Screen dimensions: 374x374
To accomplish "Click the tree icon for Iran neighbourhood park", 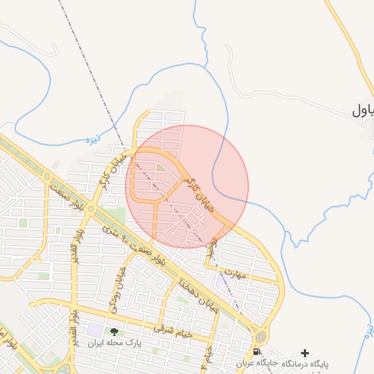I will (113, 331).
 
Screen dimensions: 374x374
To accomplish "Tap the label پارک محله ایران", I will (114, 342).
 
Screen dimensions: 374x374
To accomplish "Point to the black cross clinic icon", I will (305, 353).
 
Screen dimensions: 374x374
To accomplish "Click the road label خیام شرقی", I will (172, 330).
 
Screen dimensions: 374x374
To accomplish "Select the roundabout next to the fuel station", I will (260, 337).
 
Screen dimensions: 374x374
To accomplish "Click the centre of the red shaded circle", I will (187, 186).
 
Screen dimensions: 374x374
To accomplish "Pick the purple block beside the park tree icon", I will (96, 330).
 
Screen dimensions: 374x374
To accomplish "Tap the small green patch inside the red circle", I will (160, 174).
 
